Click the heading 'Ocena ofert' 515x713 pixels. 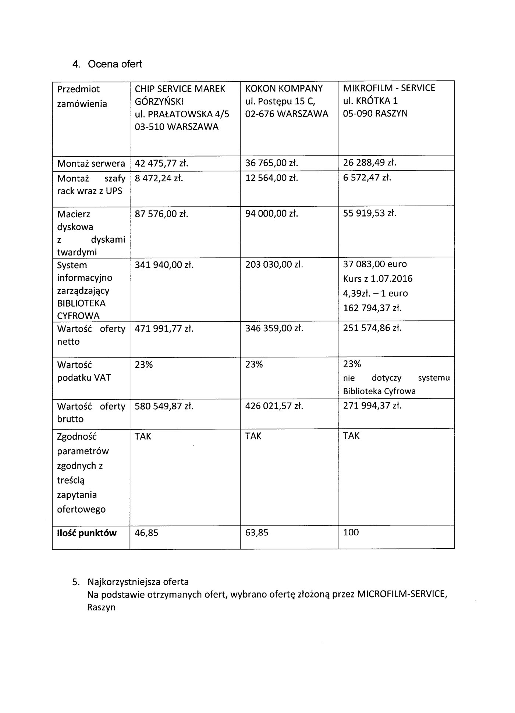(115, 64)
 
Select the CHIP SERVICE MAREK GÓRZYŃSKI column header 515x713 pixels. (180, 95)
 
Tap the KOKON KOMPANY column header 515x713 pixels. (284, 89)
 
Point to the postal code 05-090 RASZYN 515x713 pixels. (375, 114)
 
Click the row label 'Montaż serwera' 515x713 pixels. (91, 163)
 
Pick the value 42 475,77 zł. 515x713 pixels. (161, 163)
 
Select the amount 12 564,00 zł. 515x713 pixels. (271, 178)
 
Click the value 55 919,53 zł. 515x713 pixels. (370, 213)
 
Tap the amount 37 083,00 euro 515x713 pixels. (375, 264)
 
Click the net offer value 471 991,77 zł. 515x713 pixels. (164, 328)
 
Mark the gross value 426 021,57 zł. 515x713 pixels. (274, 406)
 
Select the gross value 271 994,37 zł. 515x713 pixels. (372, 406)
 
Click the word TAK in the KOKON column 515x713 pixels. (253, 436)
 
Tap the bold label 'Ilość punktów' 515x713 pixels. (87, 533)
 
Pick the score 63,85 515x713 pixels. (257, 532)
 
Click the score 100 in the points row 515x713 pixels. (351, 532)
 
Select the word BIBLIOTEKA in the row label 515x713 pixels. (81, 303)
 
